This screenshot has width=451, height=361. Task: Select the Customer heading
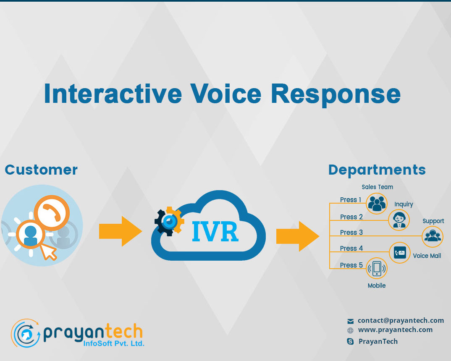point(41,170)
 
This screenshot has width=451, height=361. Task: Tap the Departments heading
point(377,170)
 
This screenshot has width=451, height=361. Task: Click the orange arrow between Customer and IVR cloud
point(121,231)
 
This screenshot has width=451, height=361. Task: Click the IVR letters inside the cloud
point(215,232)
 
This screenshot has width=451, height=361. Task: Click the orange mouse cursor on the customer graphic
point(50,251)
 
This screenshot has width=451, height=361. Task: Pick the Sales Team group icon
point(376,204)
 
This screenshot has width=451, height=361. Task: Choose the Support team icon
point(432,236)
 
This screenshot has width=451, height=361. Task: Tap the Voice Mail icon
point(400,253)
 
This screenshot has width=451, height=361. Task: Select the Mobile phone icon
point(377,268)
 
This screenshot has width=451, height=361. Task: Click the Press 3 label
point(351,233)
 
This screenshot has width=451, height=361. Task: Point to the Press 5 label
point(351,265)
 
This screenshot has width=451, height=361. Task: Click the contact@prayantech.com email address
point(401,320)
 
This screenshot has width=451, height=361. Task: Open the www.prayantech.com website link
point(395,330)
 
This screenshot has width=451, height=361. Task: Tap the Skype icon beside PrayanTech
point(350,342)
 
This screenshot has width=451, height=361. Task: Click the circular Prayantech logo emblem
point(26,333)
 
